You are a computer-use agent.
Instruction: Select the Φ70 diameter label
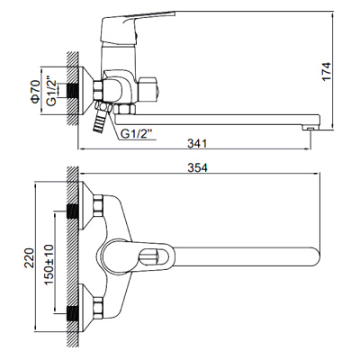point(35,92)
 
